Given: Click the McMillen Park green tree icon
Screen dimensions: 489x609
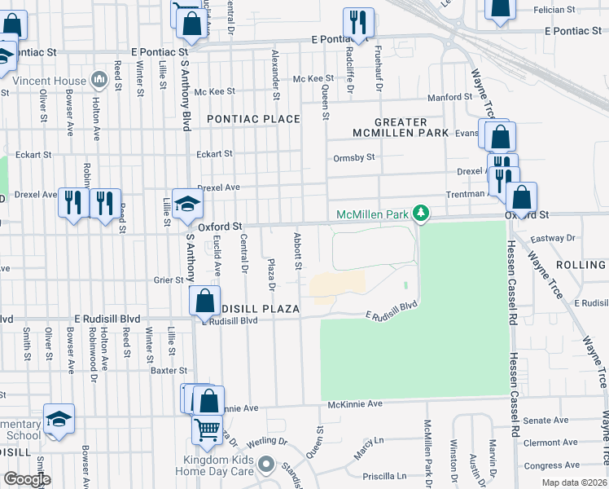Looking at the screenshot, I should point(420,214).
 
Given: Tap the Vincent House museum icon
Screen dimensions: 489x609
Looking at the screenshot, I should point(99,80).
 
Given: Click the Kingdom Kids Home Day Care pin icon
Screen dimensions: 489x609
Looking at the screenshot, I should point(266,465).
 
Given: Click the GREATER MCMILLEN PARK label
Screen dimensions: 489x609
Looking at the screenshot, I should point(389,127).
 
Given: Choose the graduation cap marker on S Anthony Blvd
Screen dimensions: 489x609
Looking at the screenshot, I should point(186,207).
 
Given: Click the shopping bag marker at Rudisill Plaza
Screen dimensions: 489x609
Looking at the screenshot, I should point(204,301).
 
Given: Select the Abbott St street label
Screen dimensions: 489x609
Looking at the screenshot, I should point(298,253).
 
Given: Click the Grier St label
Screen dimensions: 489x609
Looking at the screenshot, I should point(169,280).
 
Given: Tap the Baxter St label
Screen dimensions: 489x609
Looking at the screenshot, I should point(169,370).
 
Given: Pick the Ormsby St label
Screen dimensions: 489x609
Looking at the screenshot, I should point(353,157).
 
